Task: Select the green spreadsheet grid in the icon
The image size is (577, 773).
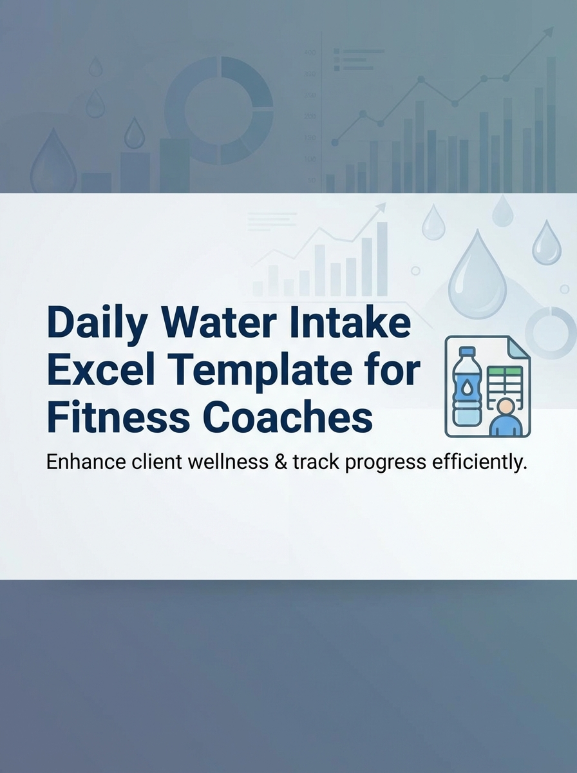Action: click(x=505, y=383)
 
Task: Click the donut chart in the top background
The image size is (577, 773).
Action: click(x=219, y=110)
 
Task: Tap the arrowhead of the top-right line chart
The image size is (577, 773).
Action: click(x=549, y=31)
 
